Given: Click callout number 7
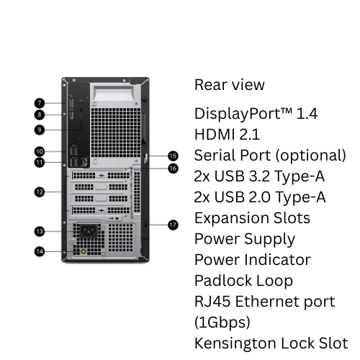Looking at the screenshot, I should point(40,103).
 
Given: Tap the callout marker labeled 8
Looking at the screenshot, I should point(40,114).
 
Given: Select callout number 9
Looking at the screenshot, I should point(40,130).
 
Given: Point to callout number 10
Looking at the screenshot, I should point(40,151).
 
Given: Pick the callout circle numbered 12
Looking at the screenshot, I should point(40,192).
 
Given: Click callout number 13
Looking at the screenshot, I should point(40,231).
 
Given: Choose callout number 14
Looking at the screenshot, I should point(40,251).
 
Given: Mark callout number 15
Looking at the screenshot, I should point(173,155).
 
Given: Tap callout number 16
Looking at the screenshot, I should point(173,168).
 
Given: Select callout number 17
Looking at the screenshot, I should point(173,225).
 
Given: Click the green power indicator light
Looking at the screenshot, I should point(84,252).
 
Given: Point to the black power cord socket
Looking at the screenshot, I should point(88,232).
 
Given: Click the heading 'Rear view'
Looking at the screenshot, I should point(230,85).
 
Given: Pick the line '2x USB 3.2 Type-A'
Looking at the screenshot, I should point(260,176).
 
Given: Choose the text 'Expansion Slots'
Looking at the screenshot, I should point(252,218).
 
